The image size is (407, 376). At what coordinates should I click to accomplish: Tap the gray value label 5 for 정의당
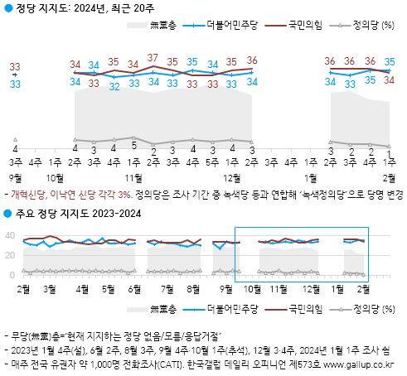point(134,146)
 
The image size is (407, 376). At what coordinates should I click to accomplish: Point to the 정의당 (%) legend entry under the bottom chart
point(356,309)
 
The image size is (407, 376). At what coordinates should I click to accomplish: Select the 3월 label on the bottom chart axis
point(50,289)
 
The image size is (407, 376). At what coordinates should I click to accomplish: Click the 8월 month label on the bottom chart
point(196,289)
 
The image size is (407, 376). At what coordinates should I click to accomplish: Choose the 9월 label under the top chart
point(15,176)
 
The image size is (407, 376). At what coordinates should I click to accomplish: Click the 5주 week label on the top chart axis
point(212,161)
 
